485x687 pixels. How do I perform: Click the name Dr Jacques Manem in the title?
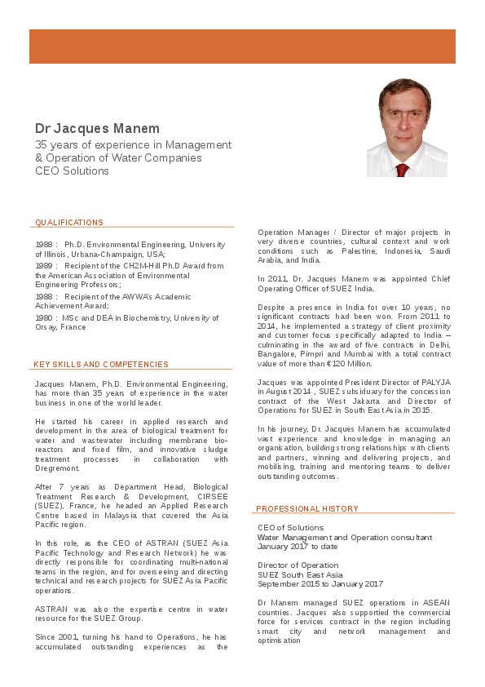point(97,129)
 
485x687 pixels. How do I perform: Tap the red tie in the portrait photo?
point(401,170)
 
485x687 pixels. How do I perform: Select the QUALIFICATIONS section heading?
point(69,223)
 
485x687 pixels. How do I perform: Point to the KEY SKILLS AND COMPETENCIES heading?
point(101,365)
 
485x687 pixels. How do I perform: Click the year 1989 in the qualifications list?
point(44,266)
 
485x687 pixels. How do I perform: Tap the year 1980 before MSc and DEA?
point(44,317)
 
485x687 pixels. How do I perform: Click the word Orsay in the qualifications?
point(46,327)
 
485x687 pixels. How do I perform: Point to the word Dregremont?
point(57,468)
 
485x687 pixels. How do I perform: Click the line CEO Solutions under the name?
point(72,171)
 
